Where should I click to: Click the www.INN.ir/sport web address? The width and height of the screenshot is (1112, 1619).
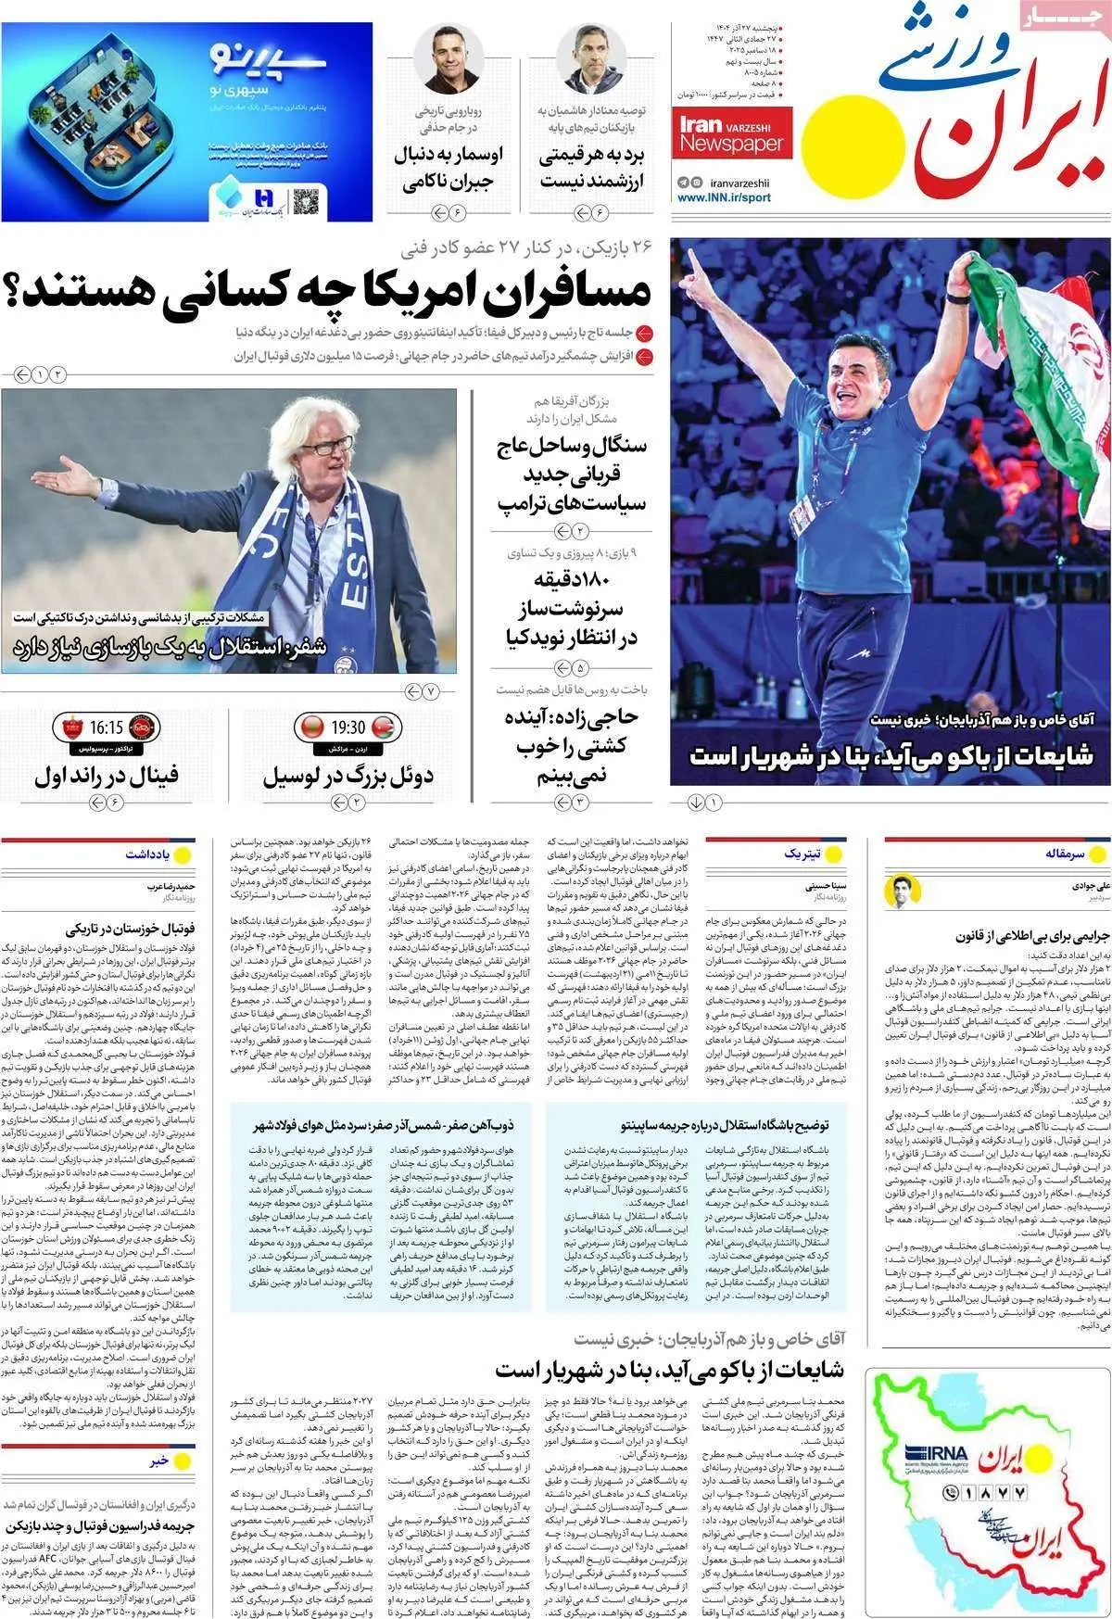click(x=724, y=197)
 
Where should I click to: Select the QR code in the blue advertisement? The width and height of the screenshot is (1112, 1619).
click(x=306, y=199)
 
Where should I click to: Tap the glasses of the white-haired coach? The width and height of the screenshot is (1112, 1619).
click(x=326, y=446)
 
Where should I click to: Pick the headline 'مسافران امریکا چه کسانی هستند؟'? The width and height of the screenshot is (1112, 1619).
click(x=329, y=291)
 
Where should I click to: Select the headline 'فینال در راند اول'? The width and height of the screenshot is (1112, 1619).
click(x=107, y=775)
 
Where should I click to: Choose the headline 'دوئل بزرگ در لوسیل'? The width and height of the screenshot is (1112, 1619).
click(x=347, y=775)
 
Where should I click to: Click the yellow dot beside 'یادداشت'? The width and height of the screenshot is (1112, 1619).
click(x=183, y=854)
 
